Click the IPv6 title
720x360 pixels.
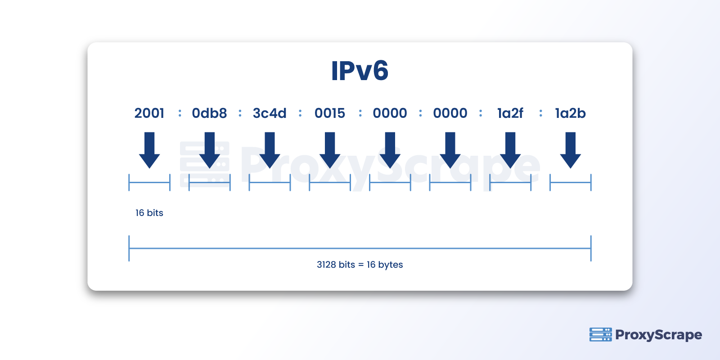(360, 71)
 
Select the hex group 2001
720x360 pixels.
(149, 113)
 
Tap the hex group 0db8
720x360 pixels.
(209, 113)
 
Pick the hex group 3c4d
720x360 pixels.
(270, 113)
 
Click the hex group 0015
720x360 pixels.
(330, 113)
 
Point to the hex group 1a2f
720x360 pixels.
(510, 113)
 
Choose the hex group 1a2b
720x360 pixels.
(570, 113)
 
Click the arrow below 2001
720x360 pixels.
(149, 150)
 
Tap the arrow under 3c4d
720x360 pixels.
(270, 150)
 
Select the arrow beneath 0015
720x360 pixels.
(330, 150)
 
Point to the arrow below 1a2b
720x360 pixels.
(570, 150)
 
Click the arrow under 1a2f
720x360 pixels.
(510, 150)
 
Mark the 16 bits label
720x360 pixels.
(149, 213)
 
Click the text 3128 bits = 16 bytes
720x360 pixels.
(360, 265)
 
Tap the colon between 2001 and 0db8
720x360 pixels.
(180, 113)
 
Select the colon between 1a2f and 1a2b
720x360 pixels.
(540, 113)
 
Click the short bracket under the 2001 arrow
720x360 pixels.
(149, 183)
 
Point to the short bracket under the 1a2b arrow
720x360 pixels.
(570, 183)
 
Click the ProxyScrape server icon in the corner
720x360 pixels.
(600, 334)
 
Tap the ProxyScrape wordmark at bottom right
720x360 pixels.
(658, 335)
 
